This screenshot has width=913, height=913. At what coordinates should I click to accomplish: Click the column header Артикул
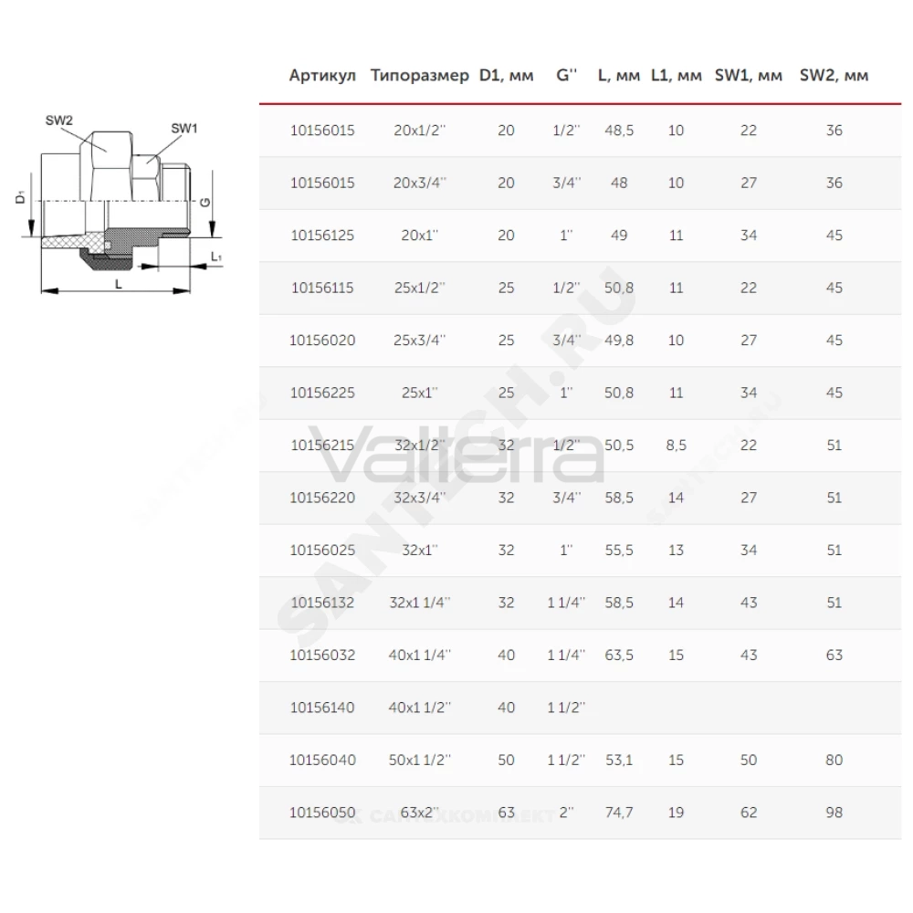(x=322, y=76)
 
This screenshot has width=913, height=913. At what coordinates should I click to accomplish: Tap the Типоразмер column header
(x=420, y=77)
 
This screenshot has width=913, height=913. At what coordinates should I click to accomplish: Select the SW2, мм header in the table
(x=834, y=76)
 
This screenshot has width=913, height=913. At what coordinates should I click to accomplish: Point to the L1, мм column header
(x=676, y=76)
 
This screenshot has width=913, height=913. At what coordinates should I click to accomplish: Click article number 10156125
(x=322, y=236)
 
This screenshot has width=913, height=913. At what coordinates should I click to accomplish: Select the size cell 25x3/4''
(x=419, y=340)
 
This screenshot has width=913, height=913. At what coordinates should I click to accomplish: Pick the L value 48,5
(x=619, y=131)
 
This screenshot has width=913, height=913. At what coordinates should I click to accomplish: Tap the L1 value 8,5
(x=676, y=446)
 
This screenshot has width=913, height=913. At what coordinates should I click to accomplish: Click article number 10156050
(x=322, y=813)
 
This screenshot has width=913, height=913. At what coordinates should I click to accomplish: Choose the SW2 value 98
(x=834, y=813)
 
